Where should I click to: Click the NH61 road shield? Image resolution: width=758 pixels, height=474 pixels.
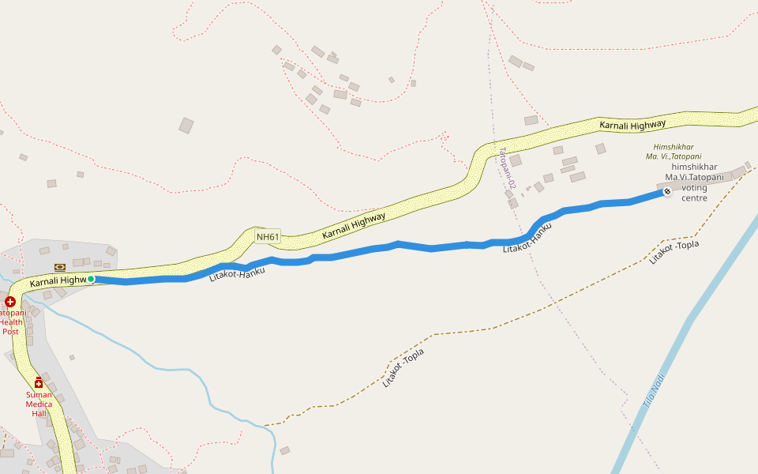click(268, 236)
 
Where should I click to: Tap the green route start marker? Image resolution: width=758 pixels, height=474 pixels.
click(91, 279)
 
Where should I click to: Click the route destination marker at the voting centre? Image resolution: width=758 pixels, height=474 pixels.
click(666, 191)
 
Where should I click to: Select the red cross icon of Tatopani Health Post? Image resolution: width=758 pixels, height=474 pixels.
click(10, 302)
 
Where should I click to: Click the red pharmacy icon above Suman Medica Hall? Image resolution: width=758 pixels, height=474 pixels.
click(39, 383)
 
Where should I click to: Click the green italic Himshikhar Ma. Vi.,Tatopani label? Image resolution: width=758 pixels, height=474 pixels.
click(674, 152)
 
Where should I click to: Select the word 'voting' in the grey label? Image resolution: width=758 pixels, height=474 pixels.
click(694, 187)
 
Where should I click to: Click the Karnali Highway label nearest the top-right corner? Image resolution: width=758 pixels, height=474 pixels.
click(632, 124)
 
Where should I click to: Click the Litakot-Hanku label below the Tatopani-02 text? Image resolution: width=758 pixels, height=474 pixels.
click(527, 238)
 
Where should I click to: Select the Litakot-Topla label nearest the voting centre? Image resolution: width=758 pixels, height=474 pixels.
click(674, 251)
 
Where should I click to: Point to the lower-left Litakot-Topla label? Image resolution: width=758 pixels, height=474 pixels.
click(403, 368)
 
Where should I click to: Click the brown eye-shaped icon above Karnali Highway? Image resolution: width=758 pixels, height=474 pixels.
click(59, 267)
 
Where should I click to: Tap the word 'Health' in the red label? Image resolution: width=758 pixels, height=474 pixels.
click(11, 322)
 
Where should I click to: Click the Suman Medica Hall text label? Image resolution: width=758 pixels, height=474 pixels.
click(39, 404)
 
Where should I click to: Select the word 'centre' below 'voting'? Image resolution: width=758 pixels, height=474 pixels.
click(694, 197)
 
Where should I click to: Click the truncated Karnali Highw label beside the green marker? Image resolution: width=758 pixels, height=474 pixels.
click(57, 281)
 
